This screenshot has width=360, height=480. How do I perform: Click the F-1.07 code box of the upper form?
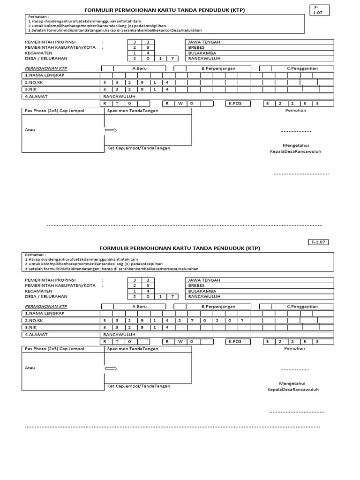coord(320,10)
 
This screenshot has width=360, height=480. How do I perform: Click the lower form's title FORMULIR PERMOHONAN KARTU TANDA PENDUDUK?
coord(180,248)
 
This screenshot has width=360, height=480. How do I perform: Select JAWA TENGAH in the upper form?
coord(204,42)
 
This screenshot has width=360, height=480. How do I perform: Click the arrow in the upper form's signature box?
coord(111,130)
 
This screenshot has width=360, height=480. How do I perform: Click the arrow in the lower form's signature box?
coord(111,368)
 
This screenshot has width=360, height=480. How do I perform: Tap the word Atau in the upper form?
coord(30,130)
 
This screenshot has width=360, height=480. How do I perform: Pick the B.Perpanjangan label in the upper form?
coord(218,68)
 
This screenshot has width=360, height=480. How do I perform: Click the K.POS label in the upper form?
coord(235,103)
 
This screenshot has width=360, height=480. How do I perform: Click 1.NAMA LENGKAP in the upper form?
coord(44,75)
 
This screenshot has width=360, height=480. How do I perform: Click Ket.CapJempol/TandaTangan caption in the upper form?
coord(139,148)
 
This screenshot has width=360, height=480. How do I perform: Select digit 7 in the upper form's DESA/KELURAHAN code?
coord(172,59)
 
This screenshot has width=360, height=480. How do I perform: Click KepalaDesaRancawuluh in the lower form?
coord(293,390)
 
